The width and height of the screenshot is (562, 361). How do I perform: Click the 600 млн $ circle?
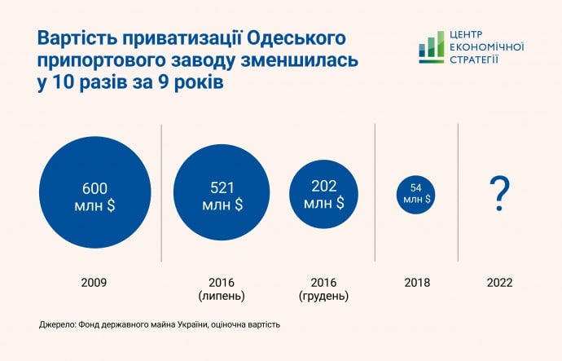tap(94, 196)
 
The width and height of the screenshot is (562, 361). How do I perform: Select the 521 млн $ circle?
tap(222, 196)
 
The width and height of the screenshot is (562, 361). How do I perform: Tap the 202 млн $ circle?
tap(323, 194)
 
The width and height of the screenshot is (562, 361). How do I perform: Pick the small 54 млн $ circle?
tap(415, 194)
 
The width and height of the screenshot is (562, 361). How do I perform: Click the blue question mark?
tap(499, 194)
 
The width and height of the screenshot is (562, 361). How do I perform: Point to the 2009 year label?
tap(94, 283)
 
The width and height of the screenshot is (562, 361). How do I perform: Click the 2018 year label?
tap(416, 283)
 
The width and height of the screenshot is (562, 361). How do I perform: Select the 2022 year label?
tap(499, 283)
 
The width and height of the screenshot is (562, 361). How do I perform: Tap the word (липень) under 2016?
tap(222, 295)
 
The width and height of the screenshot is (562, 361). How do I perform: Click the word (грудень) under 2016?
tap(323, 295)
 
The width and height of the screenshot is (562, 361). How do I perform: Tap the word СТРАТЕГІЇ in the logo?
tap(475, 59)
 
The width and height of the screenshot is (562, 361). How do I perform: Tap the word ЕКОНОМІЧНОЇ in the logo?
tap(486, 47)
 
